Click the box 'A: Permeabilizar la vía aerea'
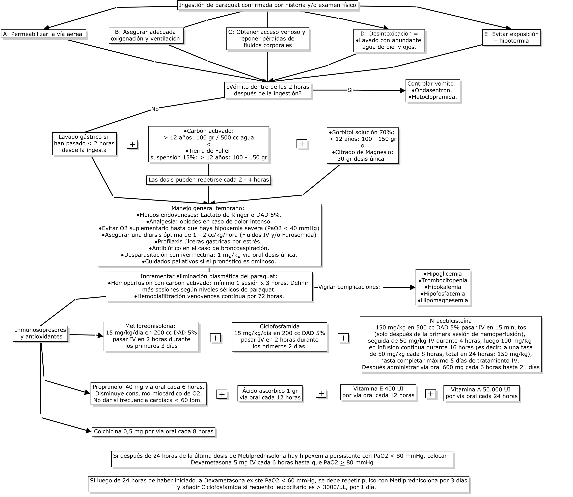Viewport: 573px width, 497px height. (44, 34)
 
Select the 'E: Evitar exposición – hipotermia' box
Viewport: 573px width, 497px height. (511, 38)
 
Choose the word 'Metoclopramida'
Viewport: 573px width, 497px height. (434, 97)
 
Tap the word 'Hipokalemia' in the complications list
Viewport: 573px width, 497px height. (444, 287)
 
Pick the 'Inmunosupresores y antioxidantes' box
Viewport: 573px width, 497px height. (41, 333)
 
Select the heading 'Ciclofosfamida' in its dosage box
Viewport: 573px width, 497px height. (280, 326)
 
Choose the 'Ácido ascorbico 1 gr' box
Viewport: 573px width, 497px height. (270, 394)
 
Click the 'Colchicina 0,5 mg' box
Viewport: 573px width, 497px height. (154, 431)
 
